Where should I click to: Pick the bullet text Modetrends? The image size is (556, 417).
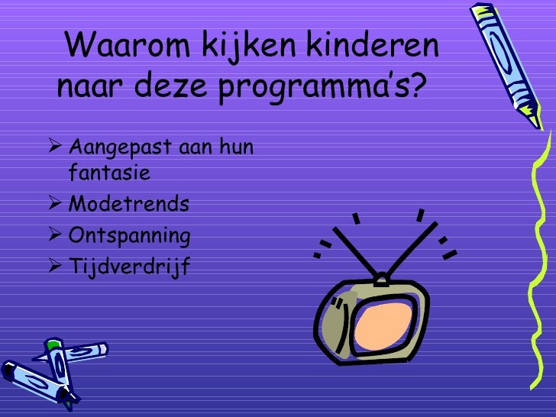(128, 205)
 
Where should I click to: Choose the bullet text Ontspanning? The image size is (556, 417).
(129, 236)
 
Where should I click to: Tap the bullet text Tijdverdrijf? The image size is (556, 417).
(128, 267)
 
